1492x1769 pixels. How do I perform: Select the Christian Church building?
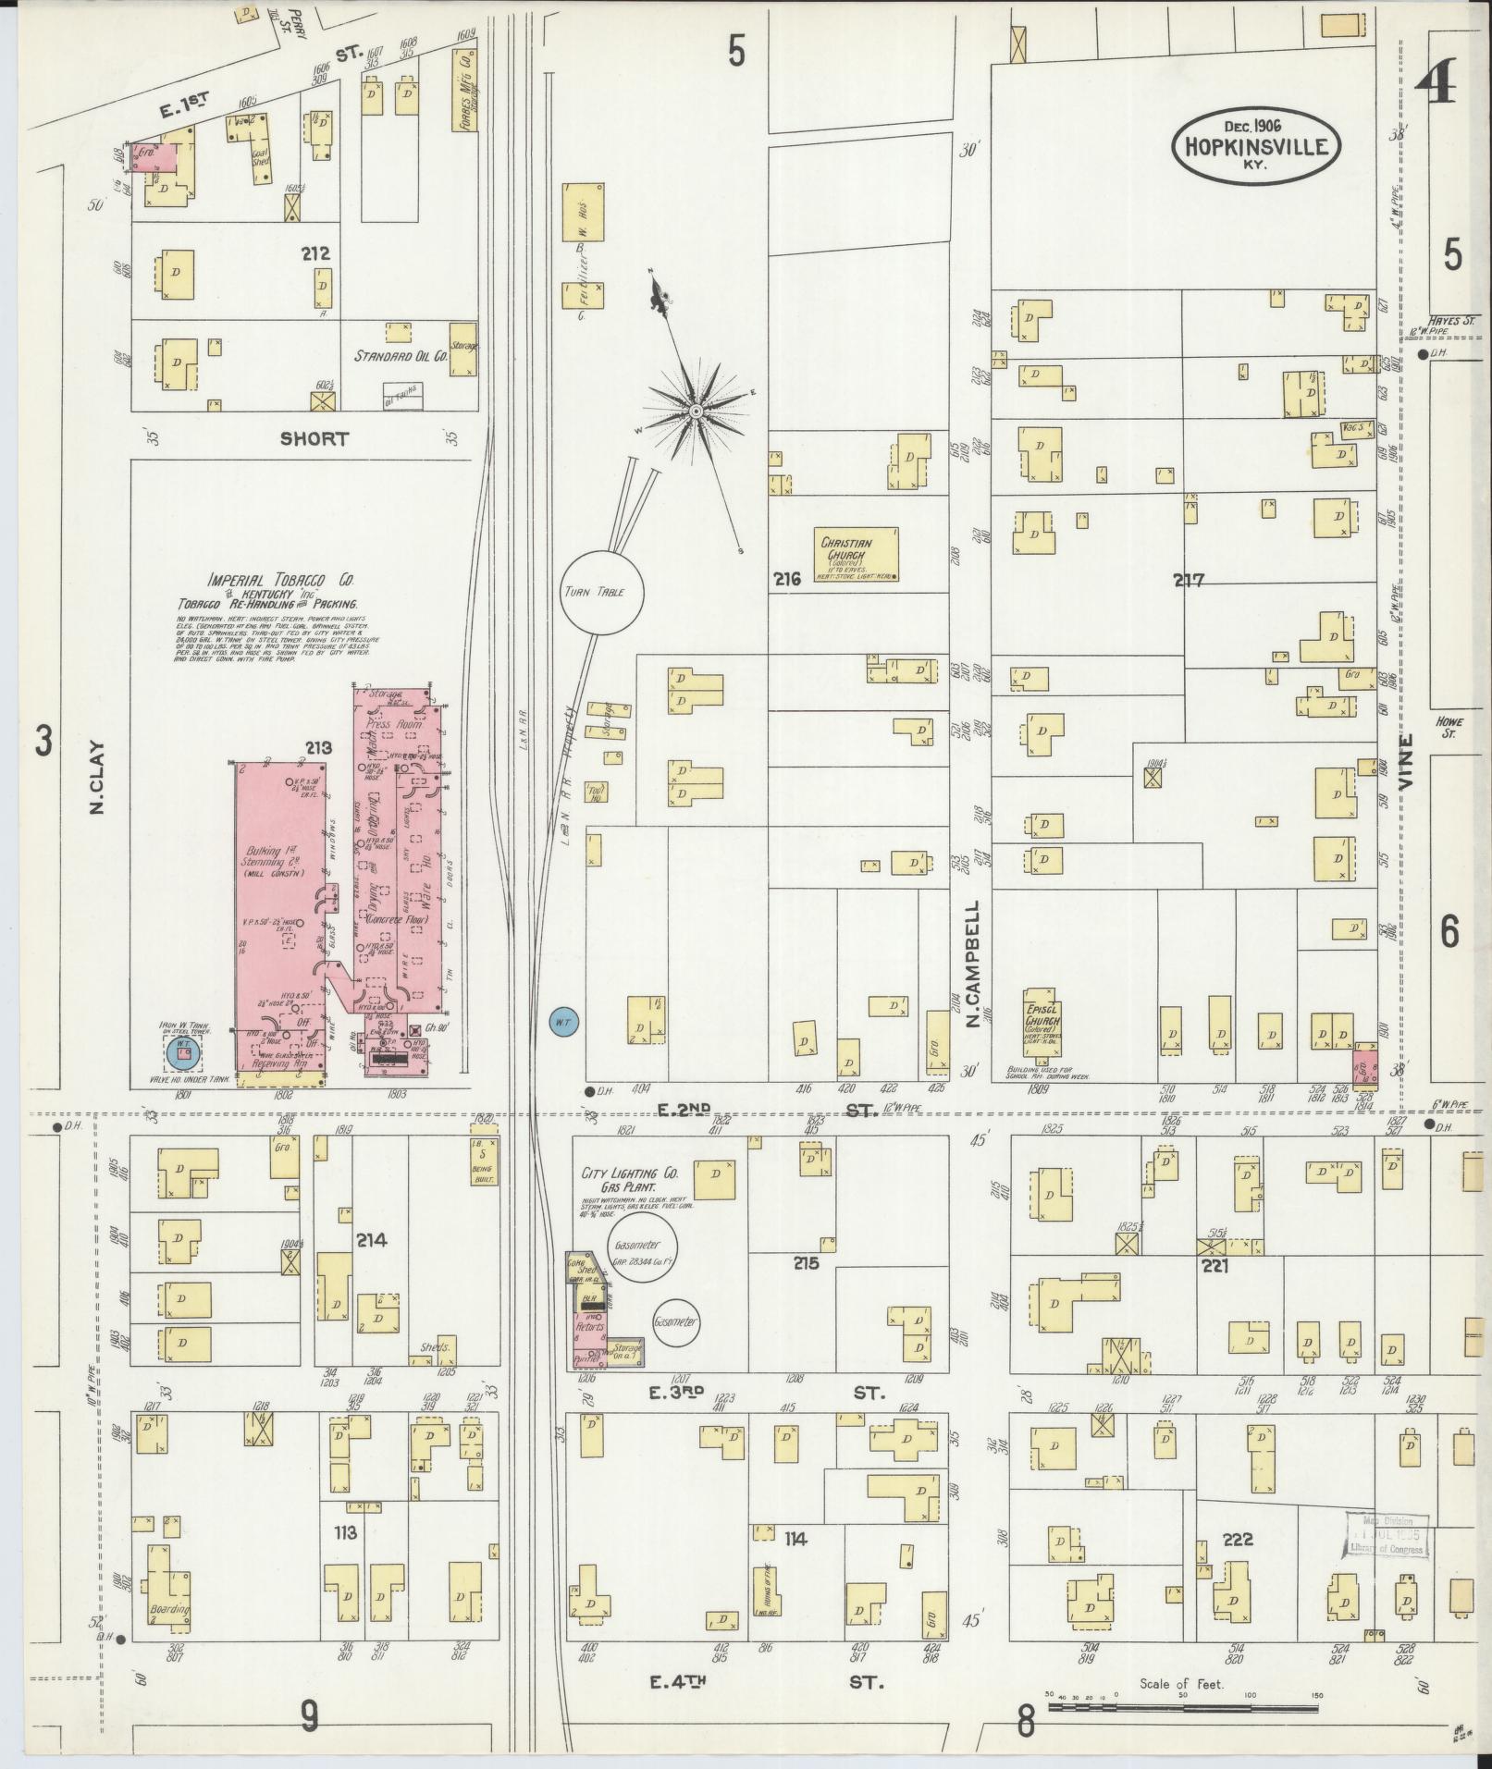(856, 555)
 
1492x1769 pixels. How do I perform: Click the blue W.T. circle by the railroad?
(562, 1022)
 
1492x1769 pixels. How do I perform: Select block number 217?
(1189, 581)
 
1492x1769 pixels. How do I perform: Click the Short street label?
(314, 438)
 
